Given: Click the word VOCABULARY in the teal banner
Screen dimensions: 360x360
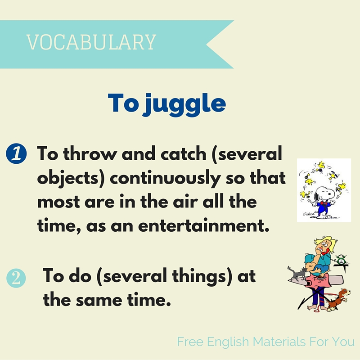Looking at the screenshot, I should [91, 42].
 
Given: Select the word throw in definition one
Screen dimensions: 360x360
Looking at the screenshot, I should [86, 154].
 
